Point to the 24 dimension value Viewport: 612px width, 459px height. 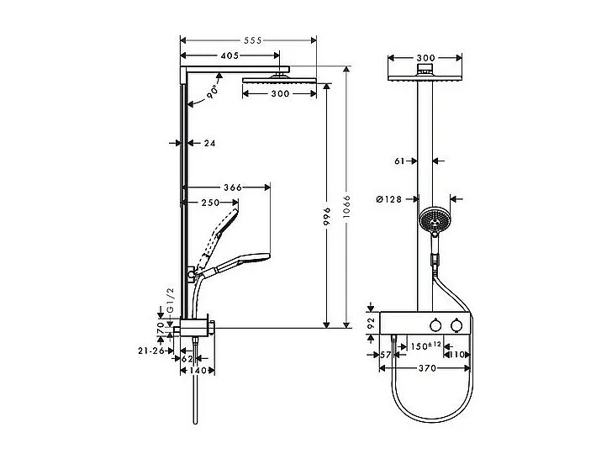point(209,144)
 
